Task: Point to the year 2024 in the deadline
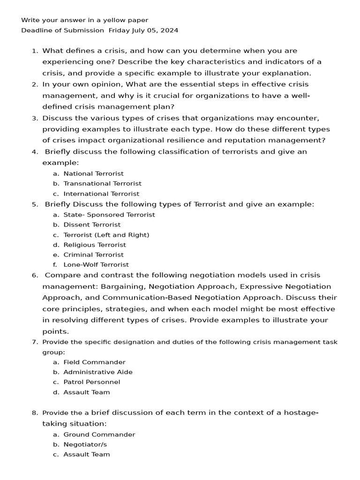[x=169, y=30]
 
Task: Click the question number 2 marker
[x=35, y=84]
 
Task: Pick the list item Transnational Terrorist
[x=102, y=184]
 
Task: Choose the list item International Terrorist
[x=101, y=194]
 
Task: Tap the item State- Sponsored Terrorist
[x=109, y=215]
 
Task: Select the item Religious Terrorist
[x=95, y=245]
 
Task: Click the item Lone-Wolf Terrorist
[x=96, y=265]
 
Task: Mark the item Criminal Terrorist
[x=94, y=255]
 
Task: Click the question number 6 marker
[x=35, y=276]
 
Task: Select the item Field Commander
[x=94, y=362]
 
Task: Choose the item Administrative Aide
[x=98, y=372]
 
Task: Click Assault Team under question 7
[x=87, y=392]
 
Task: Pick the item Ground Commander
[x=99, y=435]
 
